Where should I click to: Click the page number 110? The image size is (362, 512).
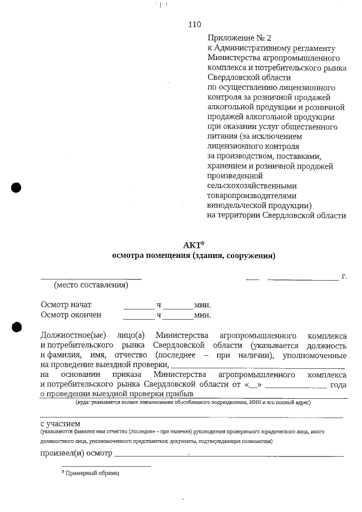(x=194, y=24)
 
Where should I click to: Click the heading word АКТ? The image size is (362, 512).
(x=191, y=246)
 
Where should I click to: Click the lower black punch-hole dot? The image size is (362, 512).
(x=16, y=326)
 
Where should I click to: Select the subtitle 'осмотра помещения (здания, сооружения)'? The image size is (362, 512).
(x=194, y=256)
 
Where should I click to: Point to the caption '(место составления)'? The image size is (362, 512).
(x=90, y=285)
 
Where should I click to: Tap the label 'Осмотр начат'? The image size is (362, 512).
(x=66, y=304)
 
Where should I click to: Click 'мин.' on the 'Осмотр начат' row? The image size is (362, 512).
(x=202, y=305)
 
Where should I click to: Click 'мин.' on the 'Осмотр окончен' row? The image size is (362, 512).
(x=202, y=315)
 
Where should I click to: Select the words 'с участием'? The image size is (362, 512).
(x=60, y=423)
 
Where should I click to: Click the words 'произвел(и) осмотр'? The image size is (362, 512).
(x=76, y=454)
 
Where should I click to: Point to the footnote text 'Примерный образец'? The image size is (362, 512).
(x=92, y=472)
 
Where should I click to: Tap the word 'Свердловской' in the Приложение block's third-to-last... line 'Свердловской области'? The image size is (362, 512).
(x=232, y=78)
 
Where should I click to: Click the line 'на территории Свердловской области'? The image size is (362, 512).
(x=277, y=215)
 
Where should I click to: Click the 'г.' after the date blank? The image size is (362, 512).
(x=344, y=277)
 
